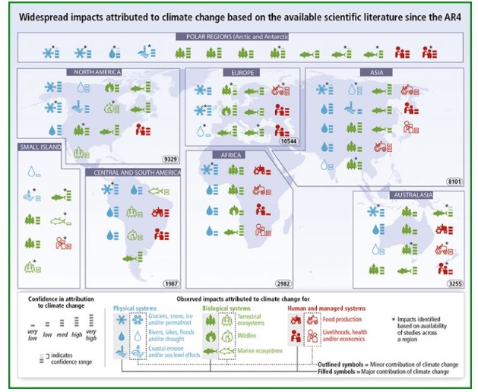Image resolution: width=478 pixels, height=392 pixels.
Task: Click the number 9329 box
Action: [169, 158]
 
